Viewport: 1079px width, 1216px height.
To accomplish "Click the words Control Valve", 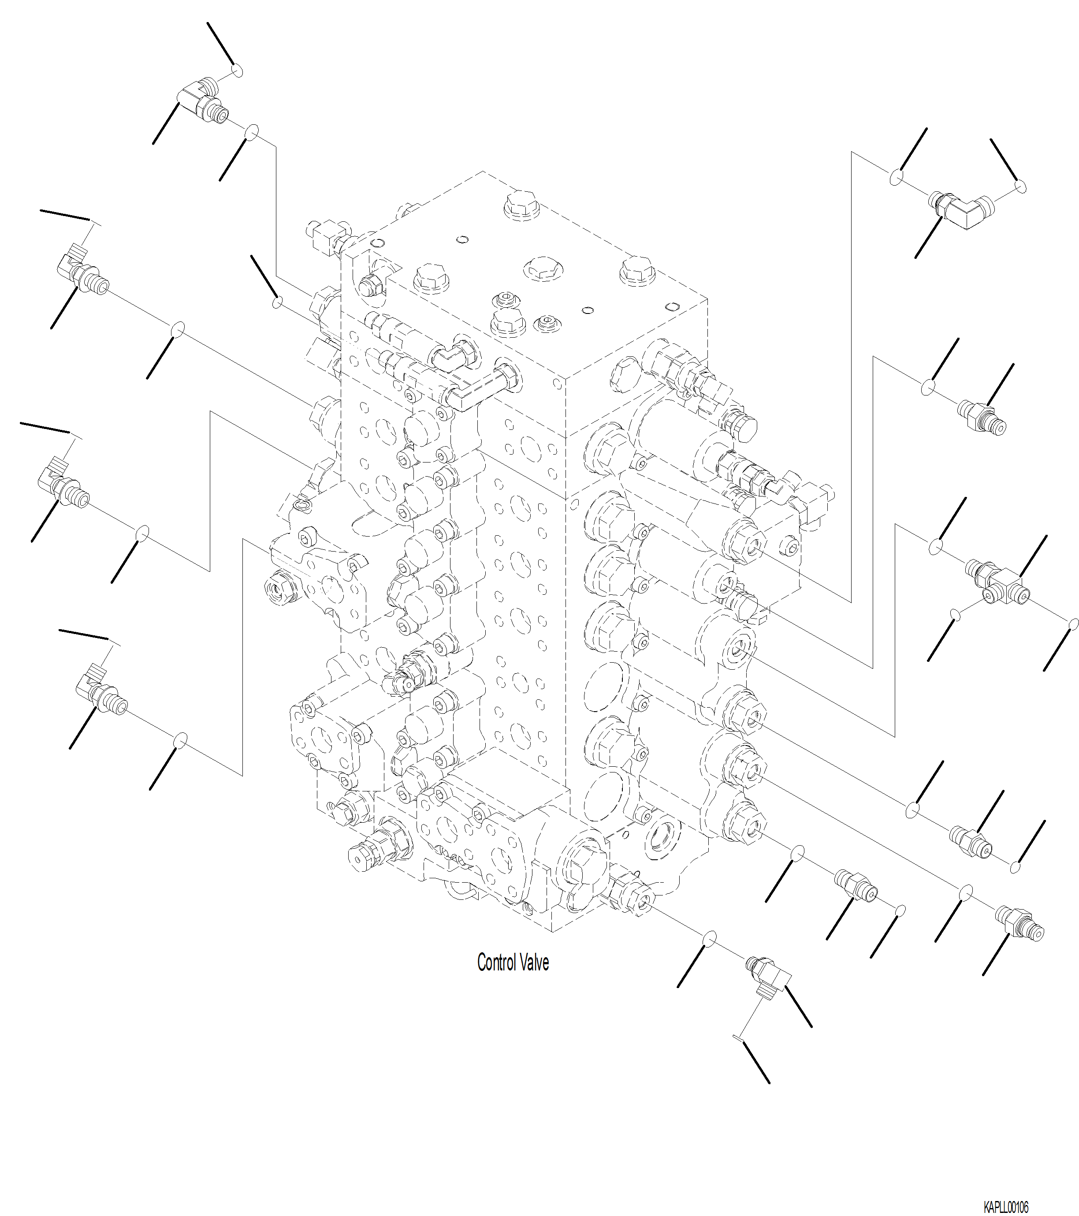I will (x=513, y=962).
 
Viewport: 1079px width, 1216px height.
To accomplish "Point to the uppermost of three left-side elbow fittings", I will (x=82, y=272).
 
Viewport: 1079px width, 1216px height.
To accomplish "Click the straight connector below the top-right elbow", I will (x=982, y=417).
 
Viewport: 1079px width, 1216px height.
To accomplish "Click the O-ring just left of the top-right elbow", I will (x=897, y=177).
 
